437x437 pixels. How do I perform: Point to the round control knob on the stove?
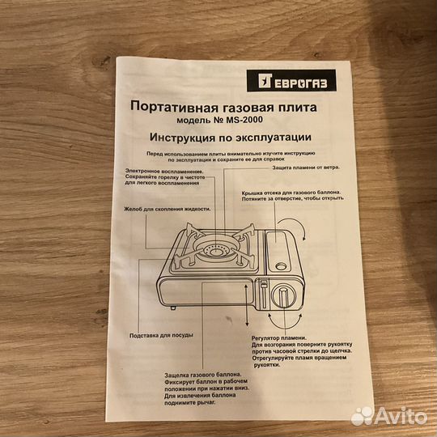[x=281, y=295]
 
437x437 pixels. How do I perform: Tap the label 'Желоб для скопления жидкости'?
[x=167, y=208]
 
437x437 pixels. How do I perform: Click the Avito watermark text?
[x=398, y=416]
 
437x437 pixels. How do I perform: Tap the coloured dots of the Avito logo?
[x=362, y=415]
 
